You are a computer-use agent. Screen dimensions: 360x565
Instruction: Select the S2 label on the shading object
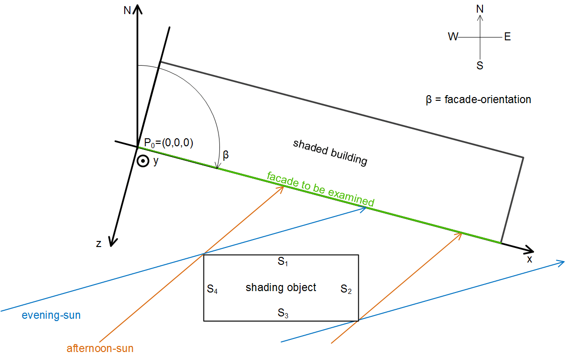[346, 290]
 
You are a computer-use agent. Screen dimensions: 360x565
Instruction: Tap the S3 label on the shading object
[282, 313]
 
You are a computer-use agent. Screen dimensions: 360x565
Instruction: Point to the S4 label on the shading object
[212, 290]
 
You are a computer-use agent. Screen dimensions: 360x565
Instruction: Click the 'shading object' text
[281, 287]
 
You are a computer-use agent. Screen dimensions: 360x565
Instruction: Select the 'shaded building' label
[330, 152]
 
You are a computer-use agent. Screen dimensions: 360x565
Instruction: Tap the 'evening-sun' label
[51, 315]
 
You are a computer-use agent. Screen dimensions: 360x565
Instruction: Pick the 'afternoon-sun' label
[100, 348]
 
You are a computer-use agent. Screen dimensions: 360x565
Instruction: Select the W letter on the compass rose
[452, 37]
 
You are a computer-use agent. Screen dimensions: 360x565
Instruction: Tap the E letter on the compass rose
[507, 37]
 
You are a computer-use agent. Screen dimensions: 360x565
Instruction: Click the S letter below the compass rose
[480, 66]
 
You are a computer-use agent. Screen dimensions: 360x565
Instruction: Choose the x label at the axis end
[529, 259]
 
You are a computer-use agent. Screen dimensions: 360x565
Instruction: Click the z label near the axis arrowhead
[98, 243]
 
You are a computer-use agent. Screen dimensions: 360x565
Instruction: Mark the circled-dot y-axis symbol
[142, 161]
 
